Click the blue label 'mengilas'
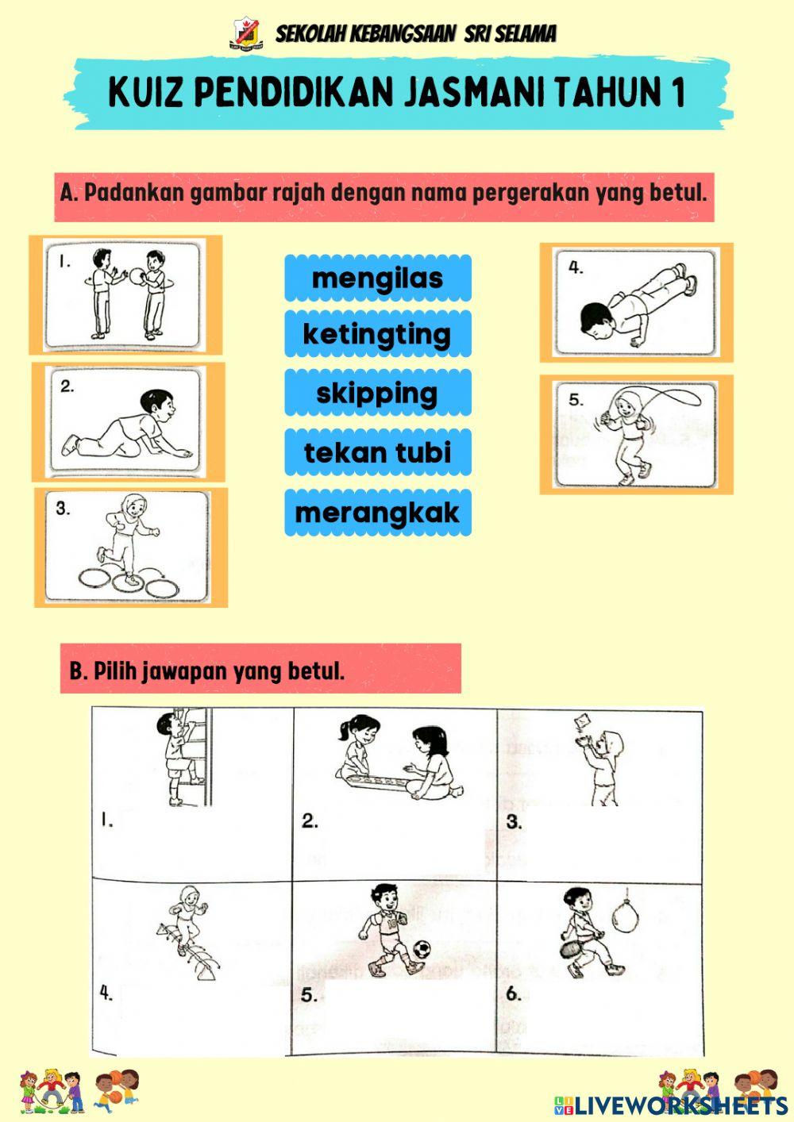pyautogui.click(x=377, y=279)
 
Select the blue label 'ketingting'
pyautogui.click(x=377, y=334)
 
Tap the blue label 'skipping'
pyautogui.click(x=377, y=393)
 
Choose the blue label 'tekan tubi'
pyautogui.click(x=377, y=452)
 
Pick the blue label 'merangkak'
pyautogui.click(x=377, y=513)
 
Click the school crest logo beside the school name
pyautogui.click(x=245, y=33)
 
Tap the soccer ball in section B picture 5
pyautogui.click(x=422, y=948)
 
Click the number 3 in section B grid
pyautogui.click(x=514, y=822)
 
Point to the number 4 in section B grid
pyautogui.click(x=106, y=992)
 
